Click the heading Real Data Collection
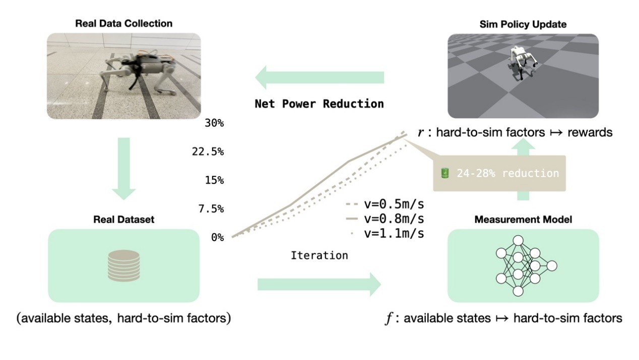(123, 24)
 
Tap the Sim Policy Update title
(523, 24)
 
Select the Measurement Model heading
(523, 219)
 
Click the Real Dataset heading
(123, 219)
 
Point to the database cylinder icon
(123, 265)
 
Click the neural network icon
(524, 265)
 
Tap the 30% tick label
(214, 124)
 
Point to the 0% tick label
(217, 237)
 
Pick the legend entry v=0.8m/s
(386, 219)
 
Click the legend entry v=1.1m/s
(386, 233)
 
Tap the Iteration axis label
(319, 255)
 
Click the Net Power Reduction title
(319, 104)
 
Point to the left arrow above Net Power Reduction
(319, 78)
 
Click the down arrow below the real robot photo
(123, 168)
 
